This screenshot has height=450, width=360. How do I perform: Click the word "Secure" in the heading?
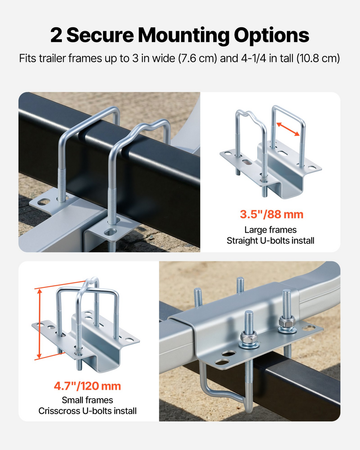tap(100, 35)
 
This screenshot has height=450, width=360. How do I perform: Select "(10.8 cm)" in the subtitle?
tap(318, 58)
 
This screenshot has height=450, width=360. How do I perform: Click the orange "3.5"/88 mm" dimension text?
tap(271, 214)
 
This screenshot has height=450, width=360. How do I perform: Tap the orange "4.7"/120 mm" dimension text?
tap(88, 386)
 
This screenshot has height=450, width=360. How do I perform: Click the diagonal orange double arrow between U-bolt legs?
tap(288, 129)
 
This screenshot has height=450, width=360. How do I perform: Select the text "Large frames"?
tap(270, 230)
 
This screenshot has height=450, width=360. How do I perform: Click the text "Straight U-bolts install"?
tap(270, 241)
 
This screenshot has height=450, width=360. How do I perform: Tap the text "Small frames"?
tap(88, 400)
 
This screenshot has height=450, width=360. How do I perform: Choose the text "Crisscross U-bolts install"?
tap(88, 411)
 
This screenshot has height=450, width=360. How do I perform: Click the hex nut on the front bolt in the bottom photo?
tap(249, 336)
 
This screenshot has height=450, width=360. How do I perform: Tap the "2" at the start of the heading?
tap(56, 35)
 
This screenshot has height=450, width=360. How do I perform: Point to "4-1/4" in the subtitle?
tap(253, 58)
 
